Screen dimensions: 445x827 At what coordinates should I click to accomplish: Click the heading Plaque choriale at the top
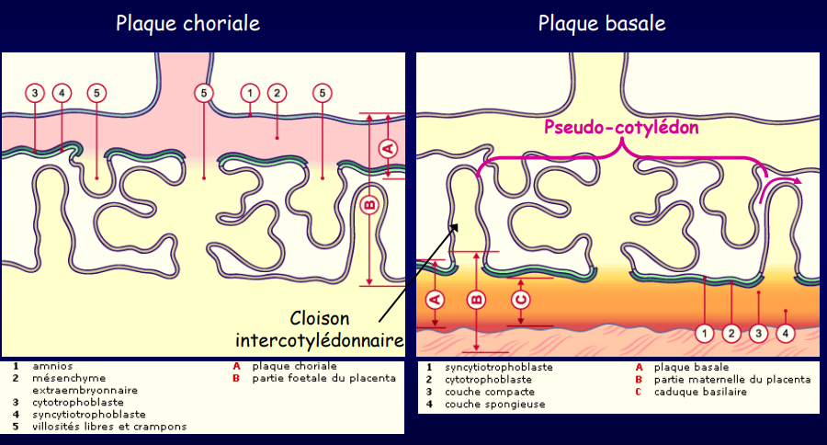click(x=187, y=23)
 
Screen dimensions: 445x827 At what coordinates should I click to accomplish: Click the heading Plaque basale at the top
click(x=602, y=23)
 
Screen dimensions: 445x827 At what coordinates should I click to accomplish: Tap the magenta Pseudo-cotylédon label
click(x=621, y=128)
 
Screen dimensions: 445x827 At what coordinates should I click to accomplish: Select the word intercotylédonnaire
click(x=320, y=340)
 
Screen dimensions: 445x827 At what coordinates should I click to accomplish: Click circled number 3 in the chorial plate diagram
click(x=35, y=93)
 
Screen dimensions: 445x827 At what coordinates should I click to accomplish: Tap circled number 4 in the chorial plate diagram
click(x=62, y=93)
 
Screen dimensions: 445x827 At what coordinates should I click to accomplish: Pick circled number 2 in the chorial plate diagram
click(x=276, y=93)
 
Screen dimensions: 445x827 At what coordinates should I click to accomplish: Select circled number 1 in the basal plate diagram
click(x=705, y=332)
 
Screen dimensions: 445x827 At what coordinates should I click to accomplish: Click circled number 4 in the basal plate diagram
click(x=785, y=332)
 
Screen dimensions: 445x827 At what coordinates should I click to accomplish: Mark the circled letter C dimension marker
click(x=521, y=300)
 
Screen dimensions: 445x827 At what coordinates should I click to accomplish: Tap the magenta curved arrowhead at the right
click(x=796, y=181)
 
